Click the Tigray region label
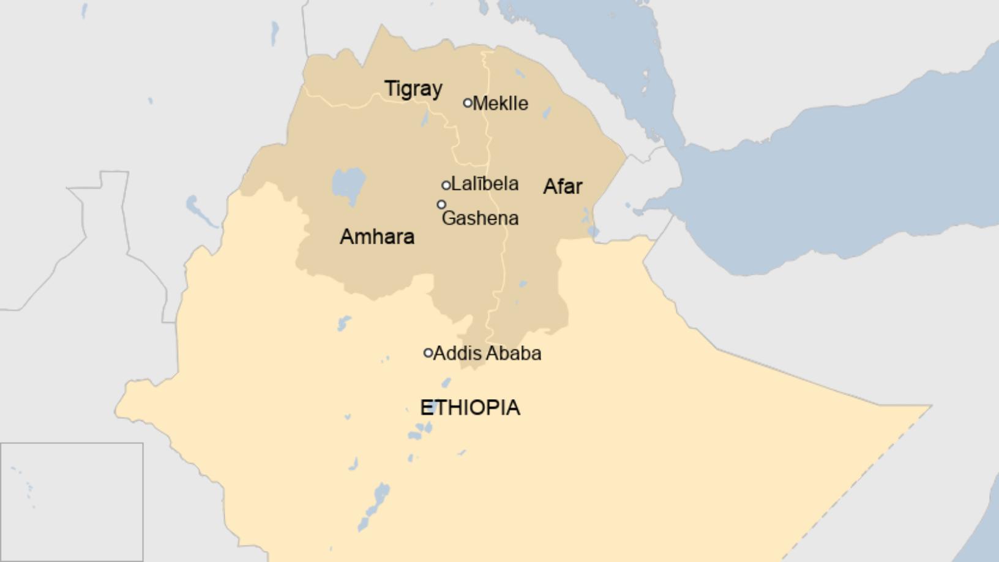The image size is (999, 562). [x=413, y=89]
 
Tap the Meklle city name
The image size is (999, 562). [x=500, y=103]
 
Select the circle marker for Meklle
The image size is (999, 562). [x=468, y=103]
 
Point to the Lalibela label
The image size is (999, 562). [x=485, y=184]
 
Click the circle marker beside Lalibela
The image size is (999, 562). [x=446, y=185]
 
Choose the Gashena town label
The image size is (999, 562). [x=480, y=218]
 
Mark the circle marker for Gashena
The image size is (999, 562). [x=441, y=204]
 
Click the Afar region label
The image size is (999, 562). [x=563, y=187]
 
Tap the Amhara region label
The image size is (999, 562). [x=377, y=237]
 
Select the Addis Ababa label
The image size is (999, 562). [x=487, y=353]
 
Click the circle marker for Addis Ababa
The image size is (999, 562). [x=428, y=353]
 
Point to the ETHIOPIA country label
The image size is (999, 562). [x=470, y=408]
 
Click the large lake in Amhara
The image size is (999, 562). [x=348, y=184]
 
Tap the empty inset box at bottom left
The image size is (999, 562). [x=72, y=502]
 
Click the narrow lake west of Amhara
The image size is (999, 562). [x=200, y=211]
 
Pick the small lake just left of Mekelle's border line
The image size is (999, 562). [x=425, y=118]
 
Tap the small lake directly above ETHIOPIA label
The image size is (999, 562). [x=446, y=383]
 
